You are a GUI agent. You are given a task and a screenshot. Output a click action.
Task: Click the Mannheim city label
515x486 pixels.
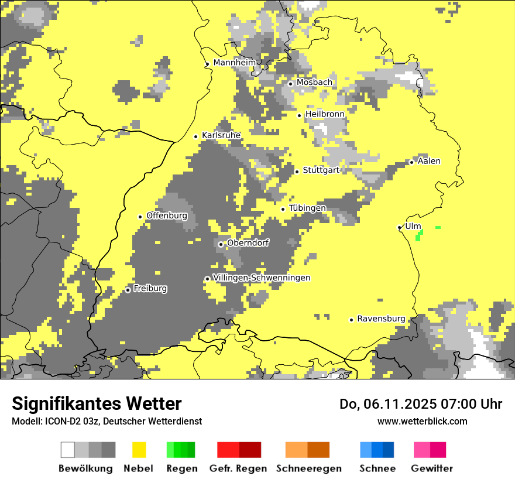[235, 63]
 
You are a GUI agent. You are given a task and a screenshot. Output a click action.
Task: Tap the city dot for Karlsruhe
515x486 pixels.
[196, 136]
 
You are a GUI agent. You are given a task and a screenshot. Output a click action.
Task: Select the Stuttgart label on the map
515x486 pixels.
[321, 170]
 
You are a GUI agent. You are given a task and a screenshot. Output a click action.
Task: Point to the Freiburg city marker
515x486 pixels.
[128, 290]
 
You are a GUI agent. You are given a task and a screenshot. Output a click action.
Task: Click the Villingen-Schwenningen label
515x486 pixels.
[262, 278]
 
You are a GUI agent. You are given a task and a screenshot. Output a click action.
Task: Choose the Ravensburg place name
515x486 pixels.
[381, 319]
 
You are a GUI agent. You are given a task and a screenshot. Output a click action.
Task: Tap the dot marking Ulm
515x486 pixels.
[399, 227]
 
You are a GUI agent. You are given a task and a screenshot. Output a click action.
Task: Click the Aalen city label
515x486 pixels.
[429, 161]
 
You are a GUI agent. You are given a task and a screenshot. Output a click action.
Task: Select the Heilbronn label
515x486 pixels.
[325, 114]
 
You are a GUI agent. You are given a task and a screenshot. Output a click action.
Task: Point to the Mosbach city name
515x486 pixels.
[314, 83]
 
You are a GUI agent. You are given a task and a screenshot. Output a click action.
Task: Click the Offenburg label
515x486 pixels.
[167, 215]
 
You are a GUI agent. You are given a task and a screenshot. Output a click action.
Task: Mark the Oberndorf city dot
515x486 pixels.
[221, 244]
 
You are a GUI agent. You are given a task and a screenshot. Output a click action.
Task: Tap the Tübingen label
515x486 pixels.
[307, 208]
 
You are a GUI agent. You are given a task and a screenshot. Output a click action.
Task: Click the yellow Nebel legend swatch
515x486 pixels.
[139, 450]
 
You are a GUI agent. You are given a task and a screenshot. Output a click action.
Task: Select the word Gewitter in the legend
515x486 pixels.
[432, 468]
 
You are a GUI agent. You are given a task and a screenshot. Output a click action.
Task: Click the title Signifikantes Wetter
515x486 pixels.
[97, 404]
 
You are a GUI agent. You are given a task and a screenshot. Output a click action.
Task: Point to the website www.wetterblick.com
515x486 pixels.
[422, 421]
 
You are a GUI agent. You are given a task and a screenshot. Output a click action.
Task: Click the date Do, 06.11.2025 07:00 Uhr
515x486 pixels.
[421, 404]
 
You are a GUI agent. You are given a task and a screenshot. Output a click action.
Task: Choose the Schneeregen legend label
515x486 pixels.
[309, 468]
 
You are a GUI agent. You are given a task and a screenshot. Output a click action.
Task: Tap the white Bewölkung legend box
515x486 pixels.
[68, 450]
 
